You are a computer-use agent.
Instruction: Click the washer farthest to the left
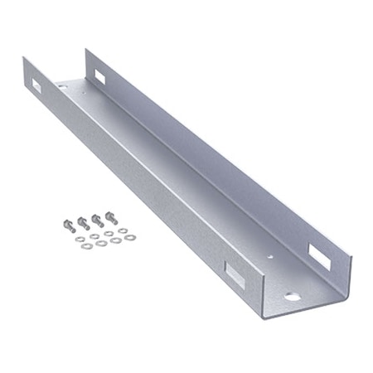(76, 241)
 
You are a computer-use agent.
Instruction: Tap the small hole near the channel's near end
(267, 258)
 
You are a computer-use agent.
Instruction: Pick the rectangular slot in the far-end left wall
(38, 85)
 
